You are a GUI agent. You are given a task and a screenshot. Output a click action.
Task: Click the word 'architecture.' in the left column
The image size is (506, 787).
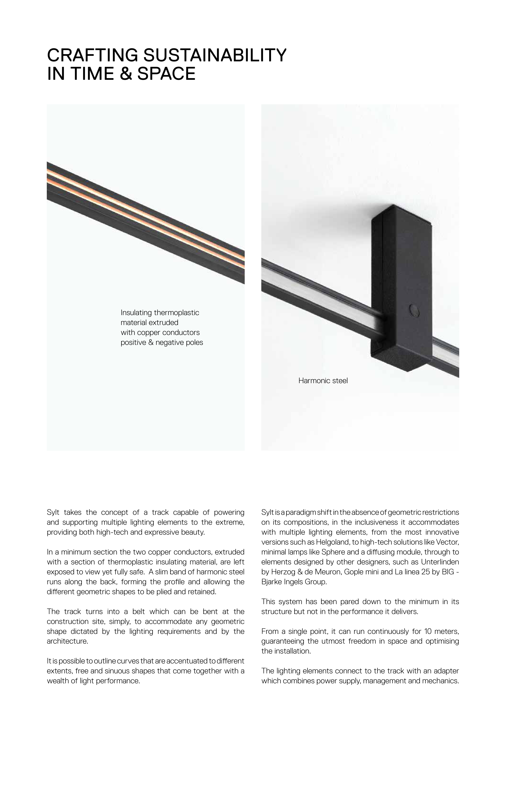point(67,641)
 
